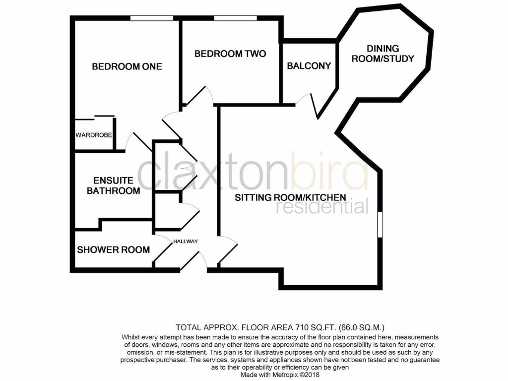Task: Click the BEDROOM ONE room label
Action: click(x=127, y=66)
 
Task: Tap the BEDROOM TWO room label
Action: click(x=230, y=54)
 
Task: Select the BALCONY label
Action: click(x=309, y=65)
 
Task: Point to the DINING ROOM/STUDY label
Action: click(x=389, y=53)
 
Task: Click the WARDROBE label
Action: click(x=94, y=135)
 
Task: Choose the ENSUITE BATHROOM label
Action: click(x=113, y=186)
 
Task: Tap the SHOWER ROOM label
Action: click(x=113, y=250)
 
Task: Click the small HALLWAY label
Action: click(x=186, y=242)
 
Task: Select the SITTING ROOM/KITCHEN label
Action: click(x=290, y=197)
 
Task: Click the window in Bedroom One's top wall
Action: click(x=152, y=18)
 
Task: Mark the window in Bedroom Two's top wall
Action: click(x=236, y=18)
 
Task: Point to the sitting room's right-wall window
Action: click(x=380, y=224)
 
